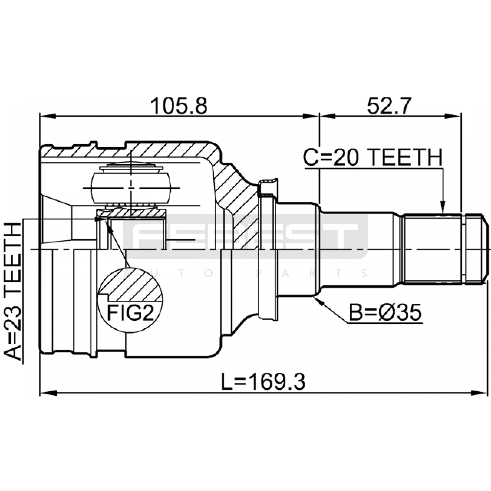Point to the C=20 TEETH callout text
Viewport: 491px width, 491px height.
(x=373, y=157)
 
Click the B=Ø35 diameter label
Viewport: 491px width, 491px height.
(x=385, y=313)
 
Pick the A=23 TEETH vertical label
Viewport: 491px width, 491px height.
(x=13, y=291)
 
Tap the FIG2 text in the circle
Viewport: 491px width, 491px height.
(x=130, y=313)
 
